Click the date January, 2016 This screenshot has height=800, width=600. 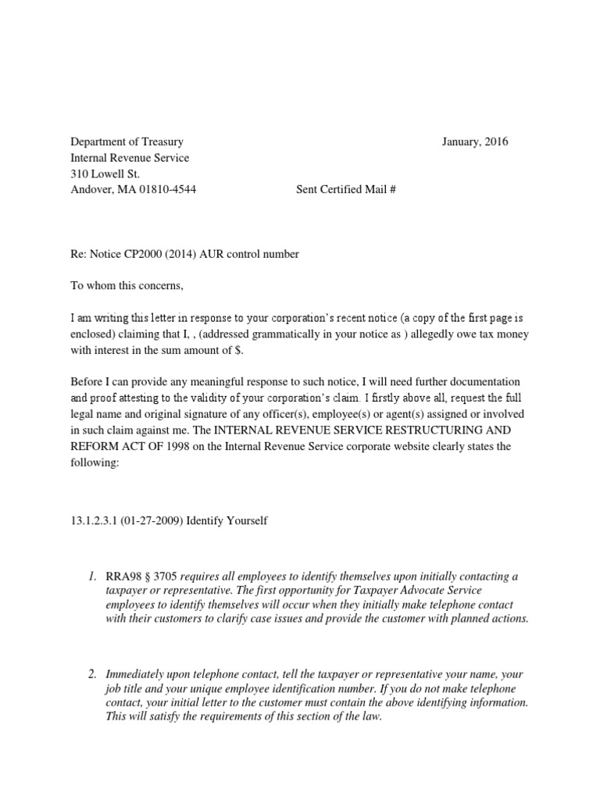(x=474, y=142)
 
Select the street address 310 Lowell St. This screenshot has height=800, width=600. (x=105, y=173)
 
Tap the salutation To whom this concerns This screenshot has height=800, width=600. (x=127, y=286)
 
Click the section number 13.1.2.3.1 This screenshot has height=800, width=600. (x=94, y=521)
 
